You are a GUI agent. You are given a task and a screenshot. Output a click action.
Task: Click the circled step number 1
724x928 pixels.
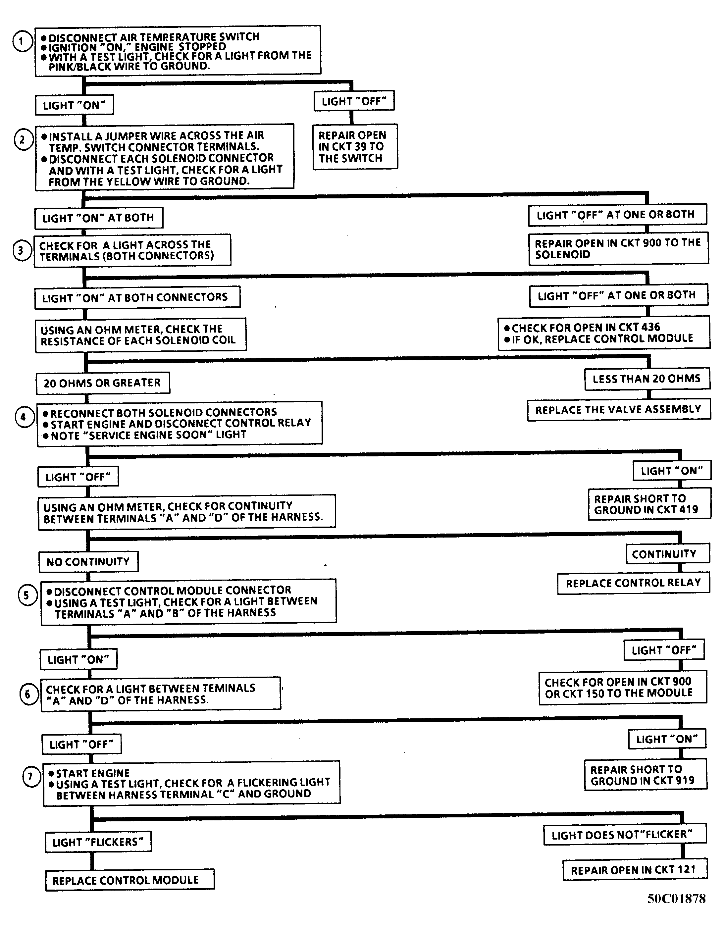pos(23,42)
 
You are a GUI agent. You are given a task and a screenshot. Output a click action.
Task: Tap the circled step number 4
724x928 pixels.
pos(24,417)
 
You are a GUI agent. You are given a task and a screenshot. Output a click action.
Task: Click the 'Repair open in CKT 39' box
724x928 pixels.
pos(355,147)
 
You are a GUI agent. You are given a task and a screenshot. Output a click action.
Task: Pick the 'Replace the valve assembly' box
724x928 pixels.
pos(619,410)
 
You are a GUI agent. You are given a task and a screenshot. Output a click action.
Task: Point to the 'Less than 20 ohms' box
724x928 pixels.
pos(647,379)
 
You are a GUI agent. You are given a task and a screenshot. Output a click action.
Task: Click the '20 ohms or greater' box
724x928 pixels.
pos(102,383)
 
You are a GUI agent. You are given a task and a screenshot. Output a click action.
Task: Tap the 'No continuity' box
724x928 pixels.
pos(88,562)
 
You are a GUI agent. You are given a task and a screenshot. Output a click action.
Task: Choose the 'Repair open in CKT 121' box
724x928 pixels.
pos(635,870)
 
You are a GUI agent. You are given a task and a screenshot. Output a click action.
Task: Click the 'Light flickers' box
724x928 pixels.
pos(98,842)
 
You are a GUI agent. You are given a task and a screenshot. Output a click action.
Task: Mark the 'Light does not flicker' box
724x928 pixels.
pos(625,834)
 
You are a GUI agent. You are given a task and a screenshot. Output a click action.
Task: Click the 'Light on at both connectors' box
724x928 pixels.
pos(137,297)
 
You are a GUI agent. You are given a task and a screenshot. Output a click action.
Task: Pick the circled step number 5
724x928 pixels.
pos(27,595)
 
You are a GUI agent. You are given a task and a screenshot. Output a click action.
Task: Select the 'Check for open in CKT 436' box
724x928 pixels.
pos(604,333)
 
